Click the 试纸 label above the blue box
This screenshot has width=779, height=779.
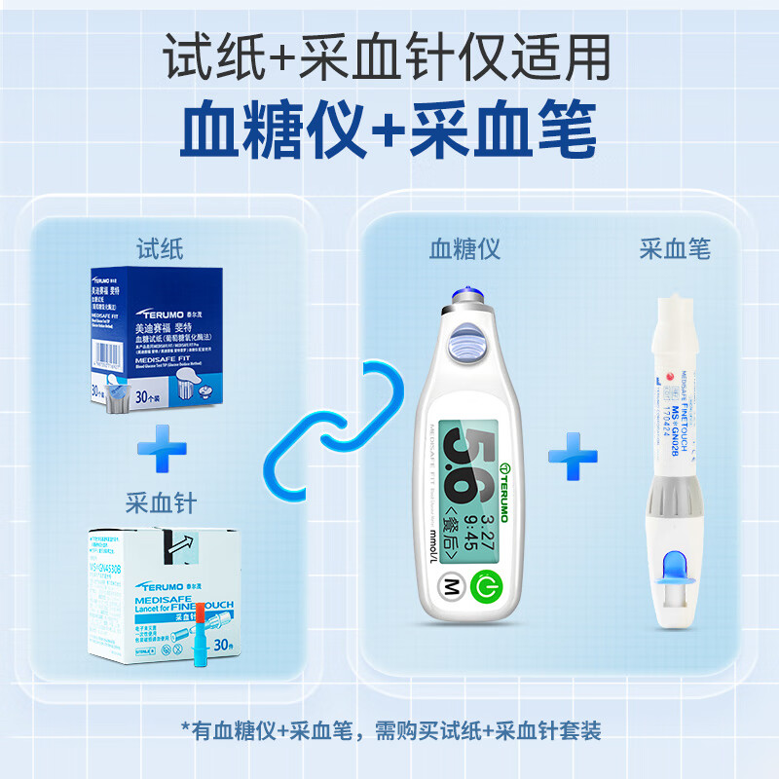click(161, 249)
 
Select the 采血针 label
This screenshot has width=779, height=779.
click(161, 503)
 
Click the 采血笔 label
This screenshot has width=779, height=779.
click(675, 249)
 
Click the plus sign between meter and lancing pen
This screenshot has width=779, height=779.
click(573, 456)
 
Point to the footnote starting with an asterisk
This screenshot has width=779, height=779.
click(389, 727)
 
